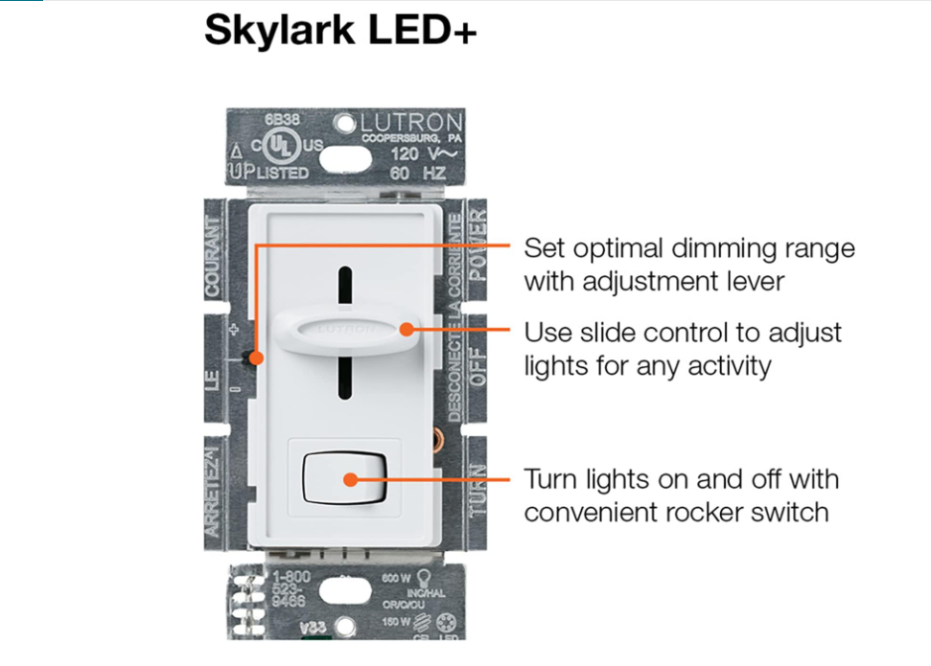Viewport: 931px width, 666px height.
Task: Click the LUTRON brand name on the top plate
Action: [411, 123]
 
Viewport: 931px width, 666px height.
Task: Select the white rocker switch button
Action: [344, 479]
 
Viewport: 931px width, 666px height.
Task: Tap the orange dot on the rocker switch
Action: [351, 479]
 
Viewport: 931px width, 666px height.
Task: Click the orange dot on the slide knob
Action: [407, 330]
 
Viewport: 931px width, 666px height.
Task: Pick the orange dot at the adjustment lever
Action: [256, 357]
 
